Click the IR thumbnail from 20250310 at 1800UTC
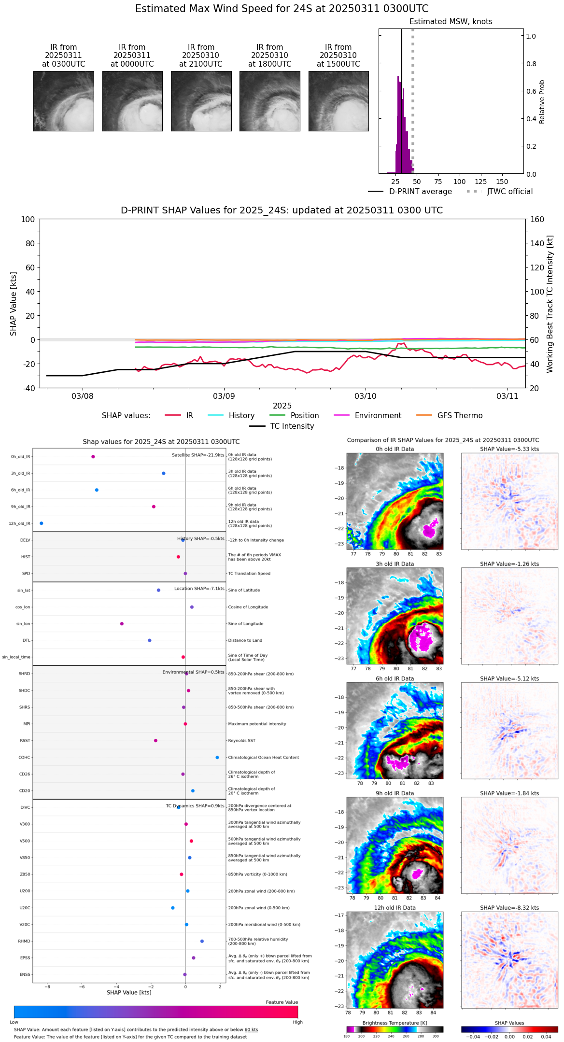[269, 101]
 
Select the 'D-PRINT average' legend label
[420, 192]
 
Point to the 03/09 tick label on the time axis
[224, 396]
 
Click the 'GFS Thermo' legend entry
[460, 416]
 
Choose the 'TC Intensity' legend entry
[292, 426]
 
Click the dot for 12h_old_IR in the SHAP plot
[41, 523]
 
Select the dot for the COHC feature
[217, 758]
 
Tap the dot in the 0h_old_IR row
[93, 457]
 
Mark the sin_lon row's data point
[122, 624]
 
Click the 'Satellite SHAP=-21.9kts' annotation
[198, 455]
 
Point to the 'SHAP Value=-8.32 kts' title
[509, 908]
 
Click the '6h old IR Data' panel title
[395, 679]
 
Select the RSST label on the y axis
[25, 741]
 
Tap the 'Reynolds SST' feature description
[241, 741]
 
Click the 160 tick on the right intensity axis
[537, 220]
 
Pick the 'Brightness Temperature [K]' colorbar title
[395, 1023]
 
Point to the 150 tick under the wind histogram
[502, 182]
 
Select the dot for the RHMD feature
[202, 941]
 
